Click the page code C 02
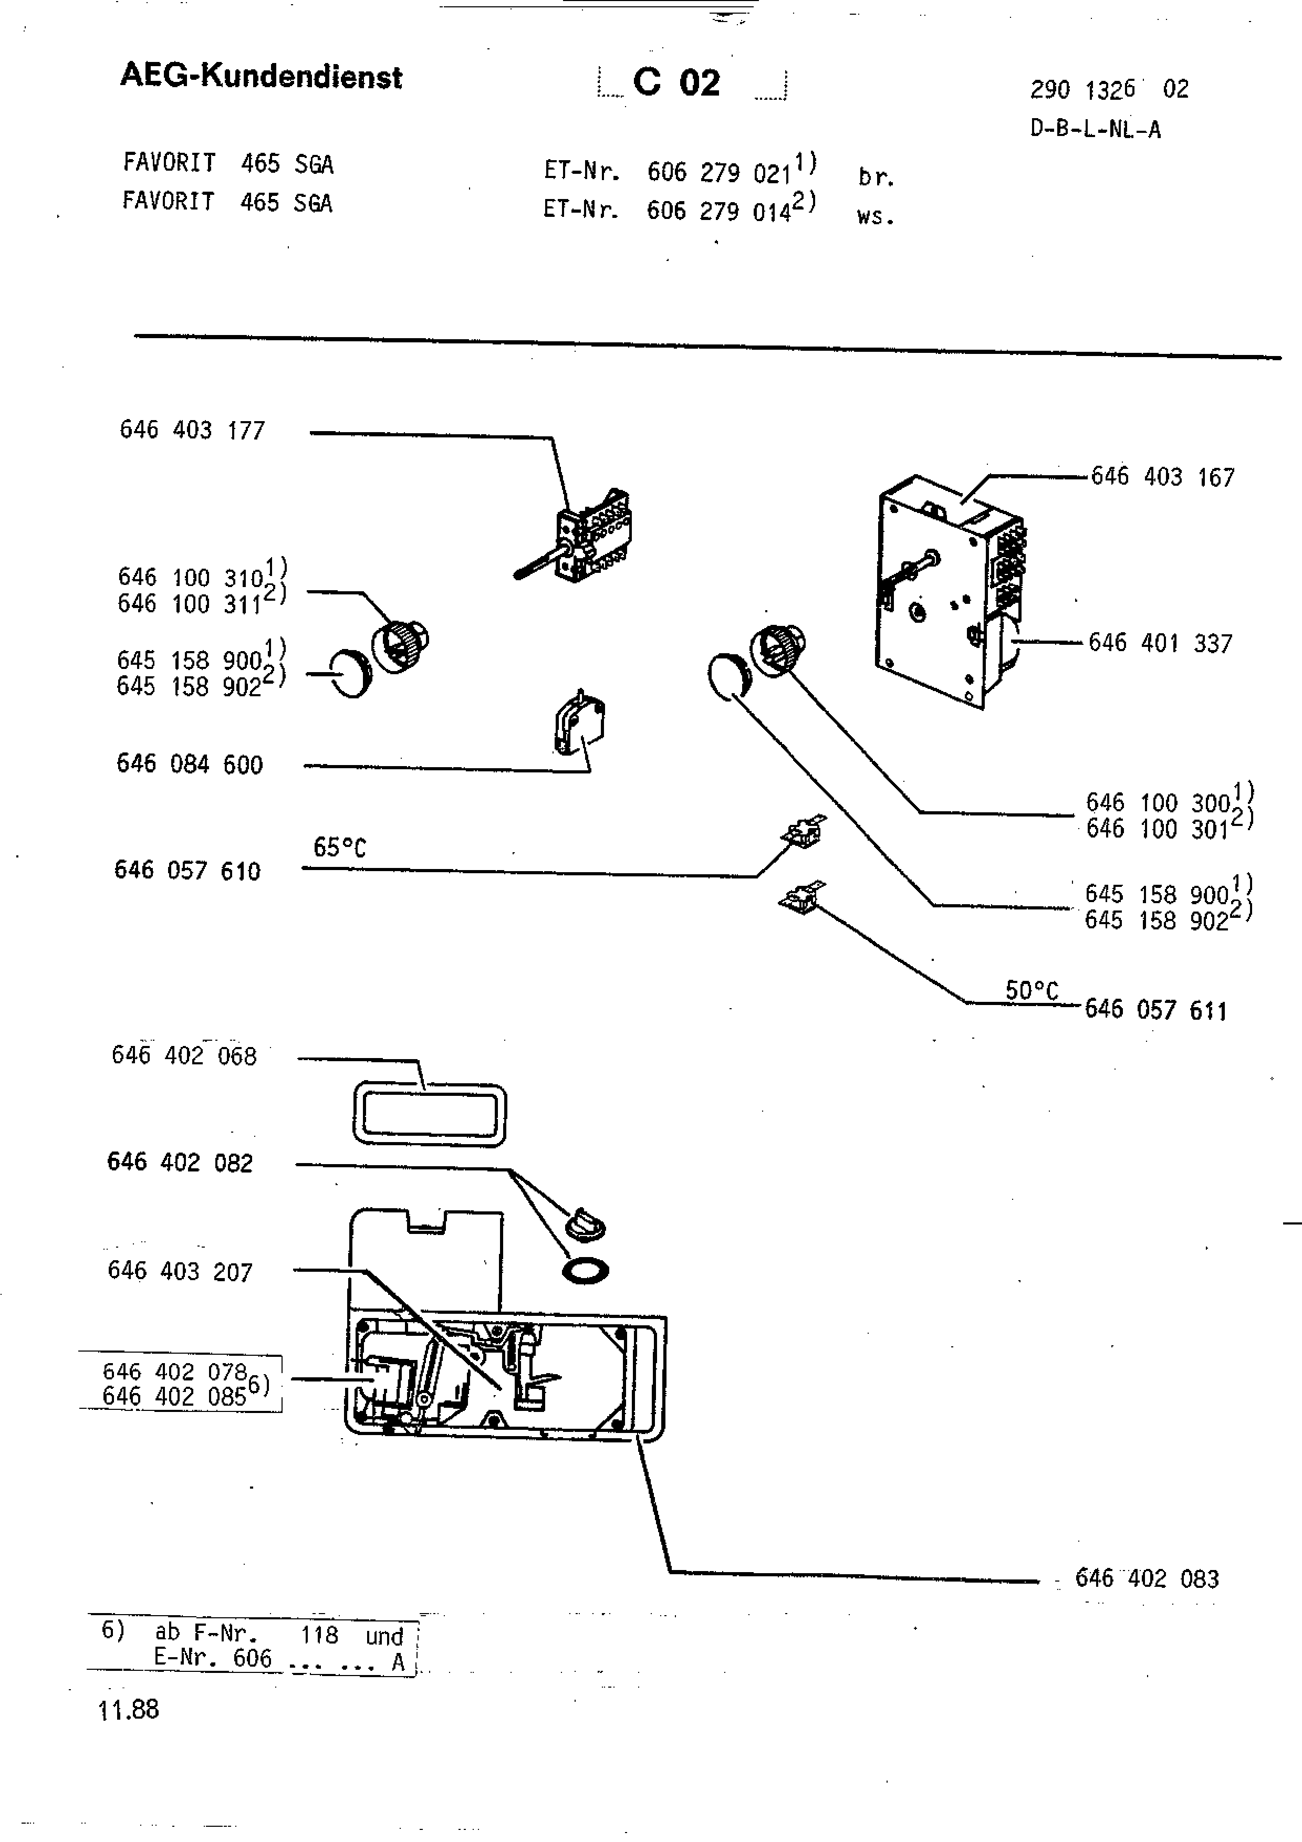(676, 82)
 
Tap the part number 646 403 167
(1162, 477)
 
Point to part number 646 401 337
(1160, 643)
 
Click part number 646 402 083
(1147, 1578)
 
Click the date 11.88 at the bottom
(128, 1709)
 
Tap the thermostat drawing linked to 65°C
(804, 830)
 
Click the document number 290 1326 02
(1109, 89)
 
